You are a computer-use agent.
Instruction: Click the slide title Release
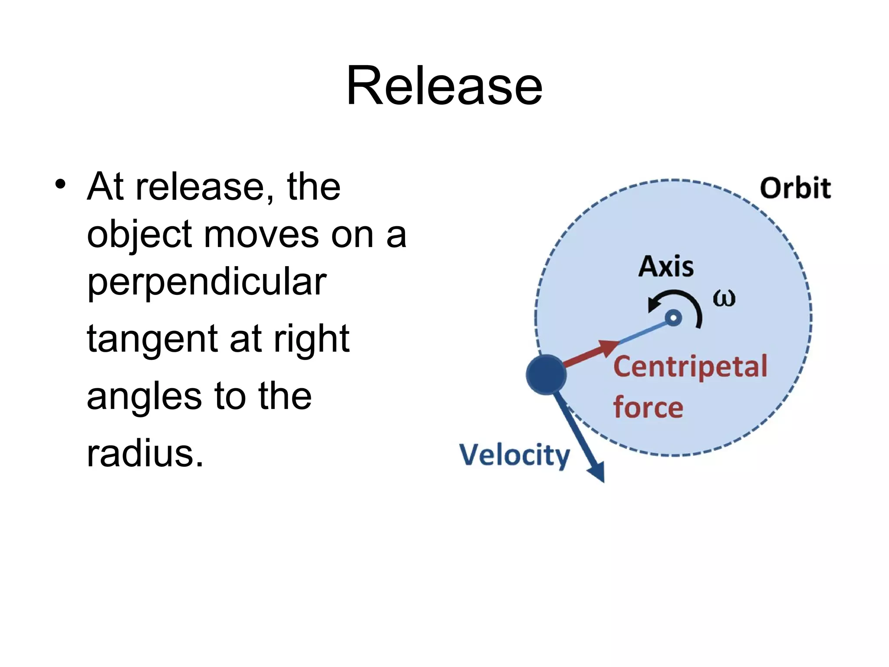click(x=444, y=86)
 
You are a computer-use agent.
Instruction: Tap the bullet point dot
click(x=61, y=184)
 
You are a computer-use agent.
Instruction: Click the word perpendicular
click(x=207, y=283)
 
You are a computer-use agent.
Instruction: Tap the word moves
click(x=261, y=235)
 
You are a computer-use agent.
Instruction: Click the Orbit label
click(x=795, y=188)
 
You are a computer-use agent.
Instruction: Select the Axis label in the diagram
click(x=666, y=266)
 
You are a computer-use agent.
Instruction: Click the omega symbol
click(x=724, y=299)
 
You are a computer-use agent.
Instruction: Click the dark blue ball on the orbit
click(x=546, y=374)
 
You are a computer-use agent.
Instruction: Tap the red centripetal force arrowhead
click(x=608, y=347)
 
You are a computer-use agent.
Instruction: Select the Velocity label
click(x=514, y=455)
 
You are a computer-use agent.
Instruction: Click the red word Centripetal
click(x=690, y=367)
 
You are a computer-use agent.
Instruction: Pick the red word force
click(x=648, y=407)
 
